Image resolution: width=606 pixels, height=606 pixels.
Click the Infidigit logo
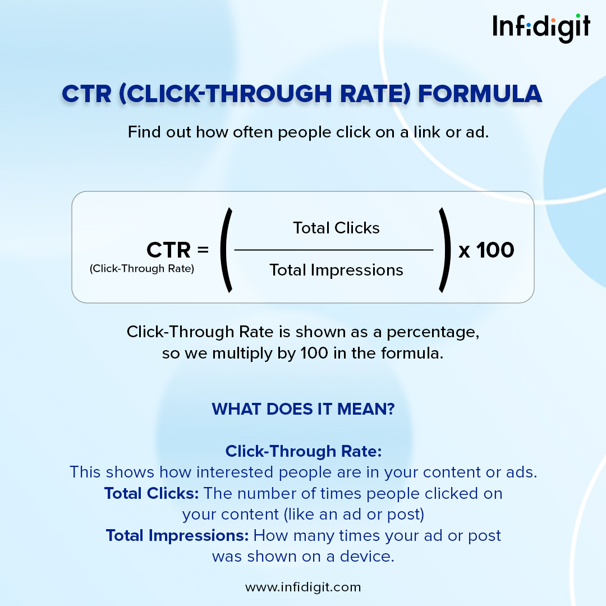click(541, 28)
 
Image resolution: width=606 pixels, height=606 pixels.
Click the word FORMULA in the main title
click(480, 94)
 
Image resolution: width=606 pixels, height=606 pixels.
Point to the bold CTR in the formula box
click(168, 250)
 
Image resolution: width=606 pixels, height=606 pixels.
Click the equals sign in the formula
click(203, 250)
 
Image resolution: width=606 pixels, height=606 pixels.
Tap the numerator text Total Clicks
click(336, 228)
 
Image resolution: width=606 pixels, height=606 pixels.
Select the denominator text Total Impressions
click(336, 270)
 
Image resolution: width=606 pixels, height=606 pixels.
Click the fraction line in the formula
click(334, 250)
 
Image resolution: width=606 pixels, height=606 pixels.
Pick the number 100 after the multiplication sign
click(495, 250)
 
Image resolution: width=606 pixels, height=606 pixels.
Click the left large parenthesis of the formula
click(227, 250)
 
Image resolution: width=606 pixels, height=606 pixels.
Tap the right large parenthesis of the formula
click(445, 250)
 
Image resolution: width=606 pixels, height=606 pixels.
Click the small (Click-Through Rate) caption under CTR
click(142, 269)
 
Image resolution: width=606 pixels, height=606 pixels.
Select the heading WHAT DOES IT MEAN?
click(304, 409)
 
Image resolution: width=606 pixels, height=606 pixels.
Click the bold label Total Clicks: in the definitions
click(151, 494)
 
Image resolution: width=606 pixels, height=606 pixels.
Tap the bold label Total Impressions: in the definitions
click(177, 536)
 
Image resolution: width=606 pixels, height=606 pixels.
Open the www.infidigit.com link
click(303, 587)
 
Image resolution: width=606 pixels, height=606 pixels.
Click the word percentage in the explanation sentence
click(433, 332)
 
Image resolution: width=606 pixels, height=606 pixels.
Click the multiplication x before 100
click(464, 251)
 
